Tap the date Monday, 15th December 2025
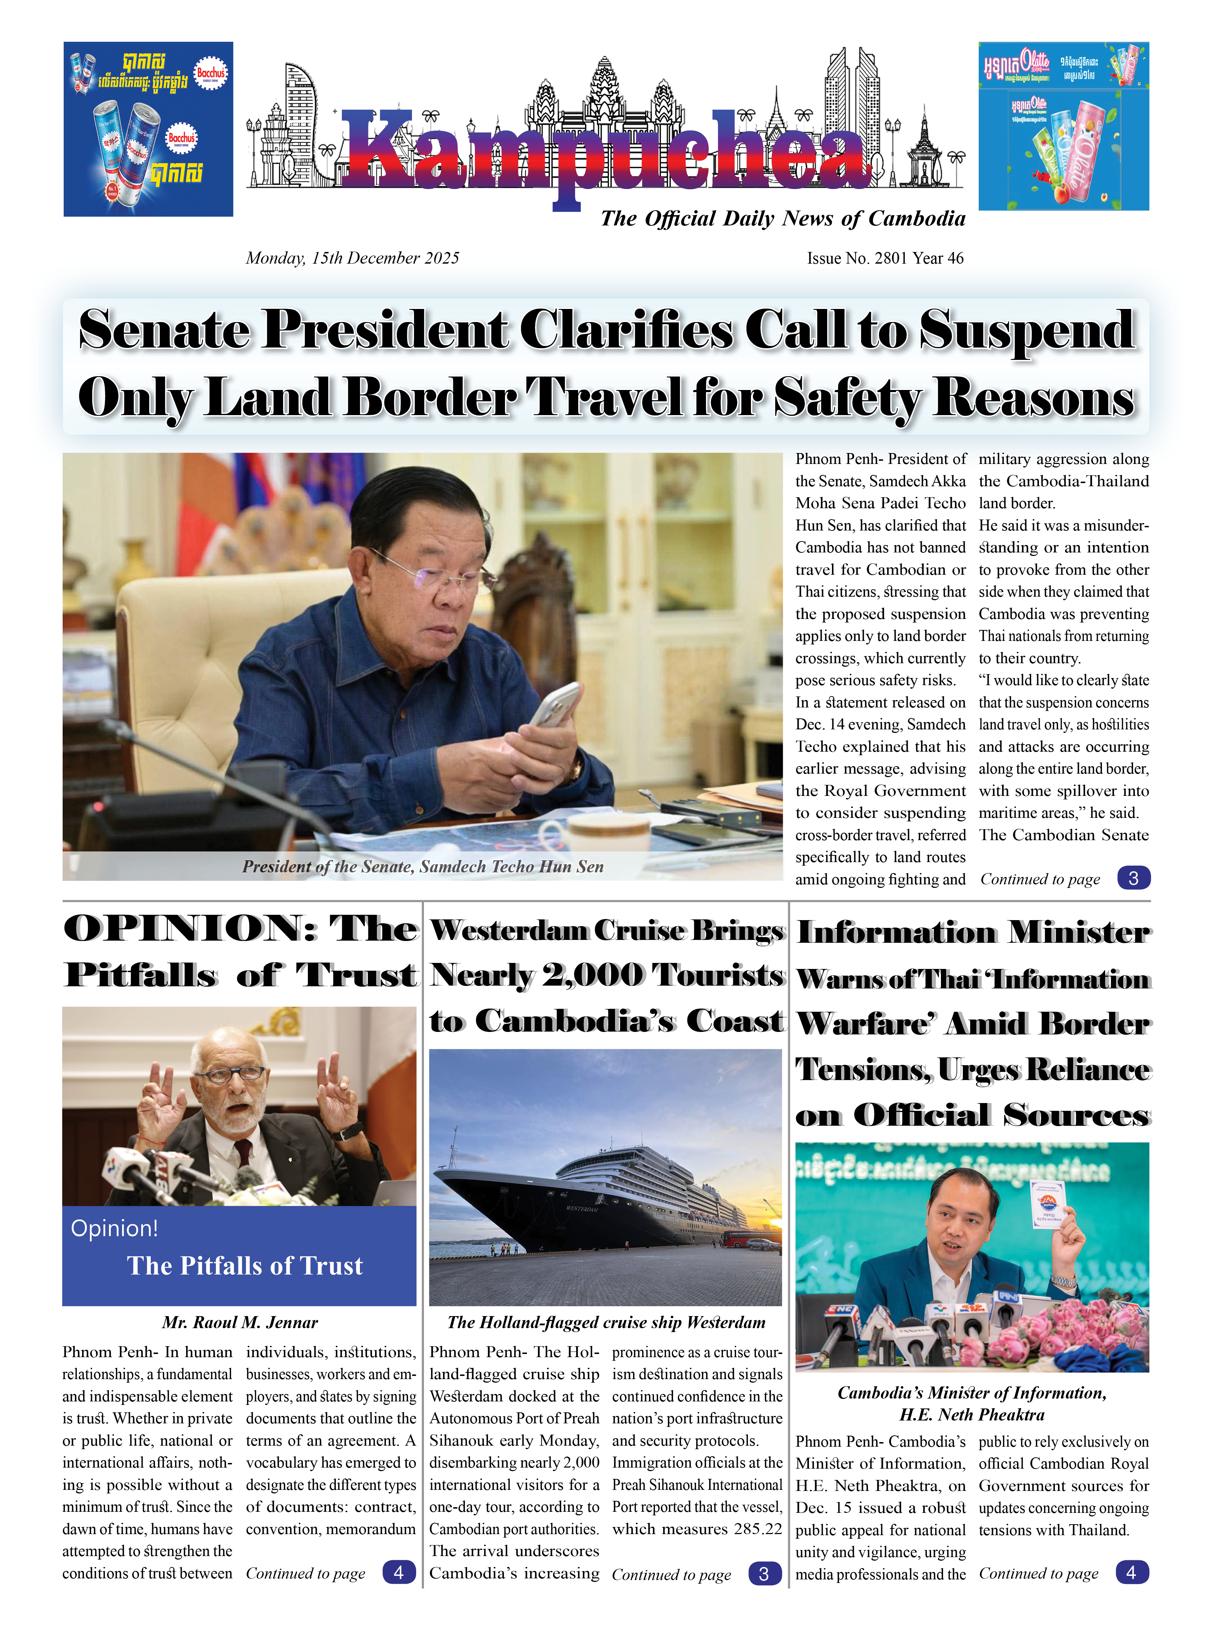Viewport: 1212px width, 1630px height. coord(352,258)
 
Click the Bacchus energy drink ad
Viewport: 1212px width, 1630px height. coord(148,129)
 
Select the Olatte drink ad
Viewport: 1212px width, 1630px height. coord(1063,126)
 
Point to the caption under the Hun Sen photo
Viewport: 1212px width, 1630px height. coord(423,866)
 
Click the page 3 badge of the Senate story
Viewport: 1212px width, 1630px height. coord(1133,878)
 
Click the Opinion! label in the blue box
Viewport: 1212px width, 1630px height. coord(114,1228)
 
